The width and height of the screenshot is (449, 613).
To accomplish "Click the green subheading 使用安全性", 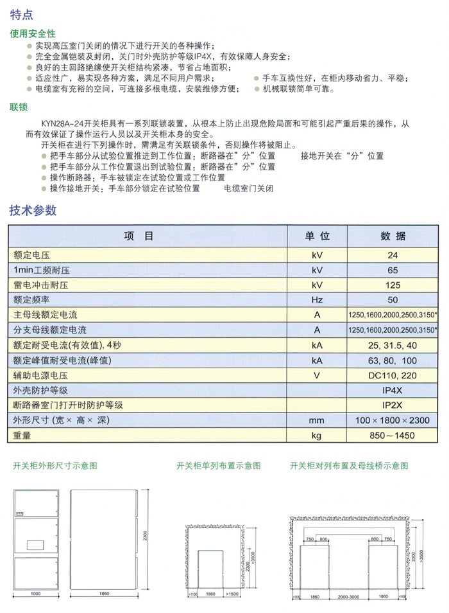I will pyautogui.click(x=33, y=33).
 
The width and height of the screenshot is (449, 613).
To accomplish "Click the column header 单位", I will pyautogui.click(x=317, y=236).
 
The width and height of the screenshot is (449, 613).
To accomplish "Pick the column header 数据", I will pyautogui.click(x=393, y=236).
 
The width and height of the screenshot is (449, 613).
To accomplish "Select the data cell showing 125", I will pyautogui.click(x=393, y=285).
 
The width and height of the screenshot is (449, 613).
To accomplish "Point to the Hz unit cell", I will pyautogui.click(x=317, y=299).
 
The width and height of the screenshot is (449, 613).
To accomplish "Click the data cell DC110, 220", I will pyautogui.click(x=393, y=376).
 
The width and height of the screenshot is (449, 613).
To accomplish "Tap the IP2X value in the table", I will pyautogui.click(x=393, y=405).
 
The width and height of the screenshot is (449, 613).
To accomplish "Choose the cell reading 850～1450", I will pyautogui.click(x=393, y=436).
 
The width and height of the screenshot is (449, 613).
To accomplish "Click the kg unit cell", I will pyautogui.click(x=317, y=436).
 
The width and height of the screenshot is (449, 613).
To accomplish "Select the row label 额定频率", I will pyautogui.click(x=31, y=299).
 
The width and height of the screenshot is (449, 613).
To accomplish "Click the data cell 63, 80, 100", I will pyautogui.click(x=393, y=360).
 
